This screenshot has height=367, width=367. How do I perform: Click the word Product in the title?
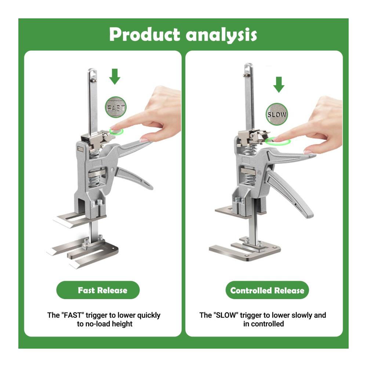[144, 34]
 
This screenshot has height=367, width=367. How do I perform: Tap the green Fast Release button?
[98, 290]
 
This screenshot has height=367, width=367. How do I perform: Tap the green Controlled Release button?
[267, 290]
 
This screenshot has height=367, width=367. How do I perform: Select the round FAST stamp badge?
[116, 107]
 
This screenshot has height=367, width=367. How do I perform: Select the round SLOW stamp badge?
[277, 114]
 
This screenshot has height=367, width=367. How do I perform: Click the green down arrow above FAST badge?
[115, 77]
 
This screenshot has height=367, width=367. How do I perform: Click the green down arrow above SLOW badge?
[279, 84]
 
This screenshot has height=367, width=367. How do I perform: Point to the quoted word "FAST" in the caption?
[73, 315]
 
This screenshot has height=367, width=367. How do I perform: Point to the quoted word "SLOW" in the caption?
[226, 315]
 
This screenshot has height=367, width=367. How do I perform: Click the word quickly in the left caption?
[149, 316]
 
